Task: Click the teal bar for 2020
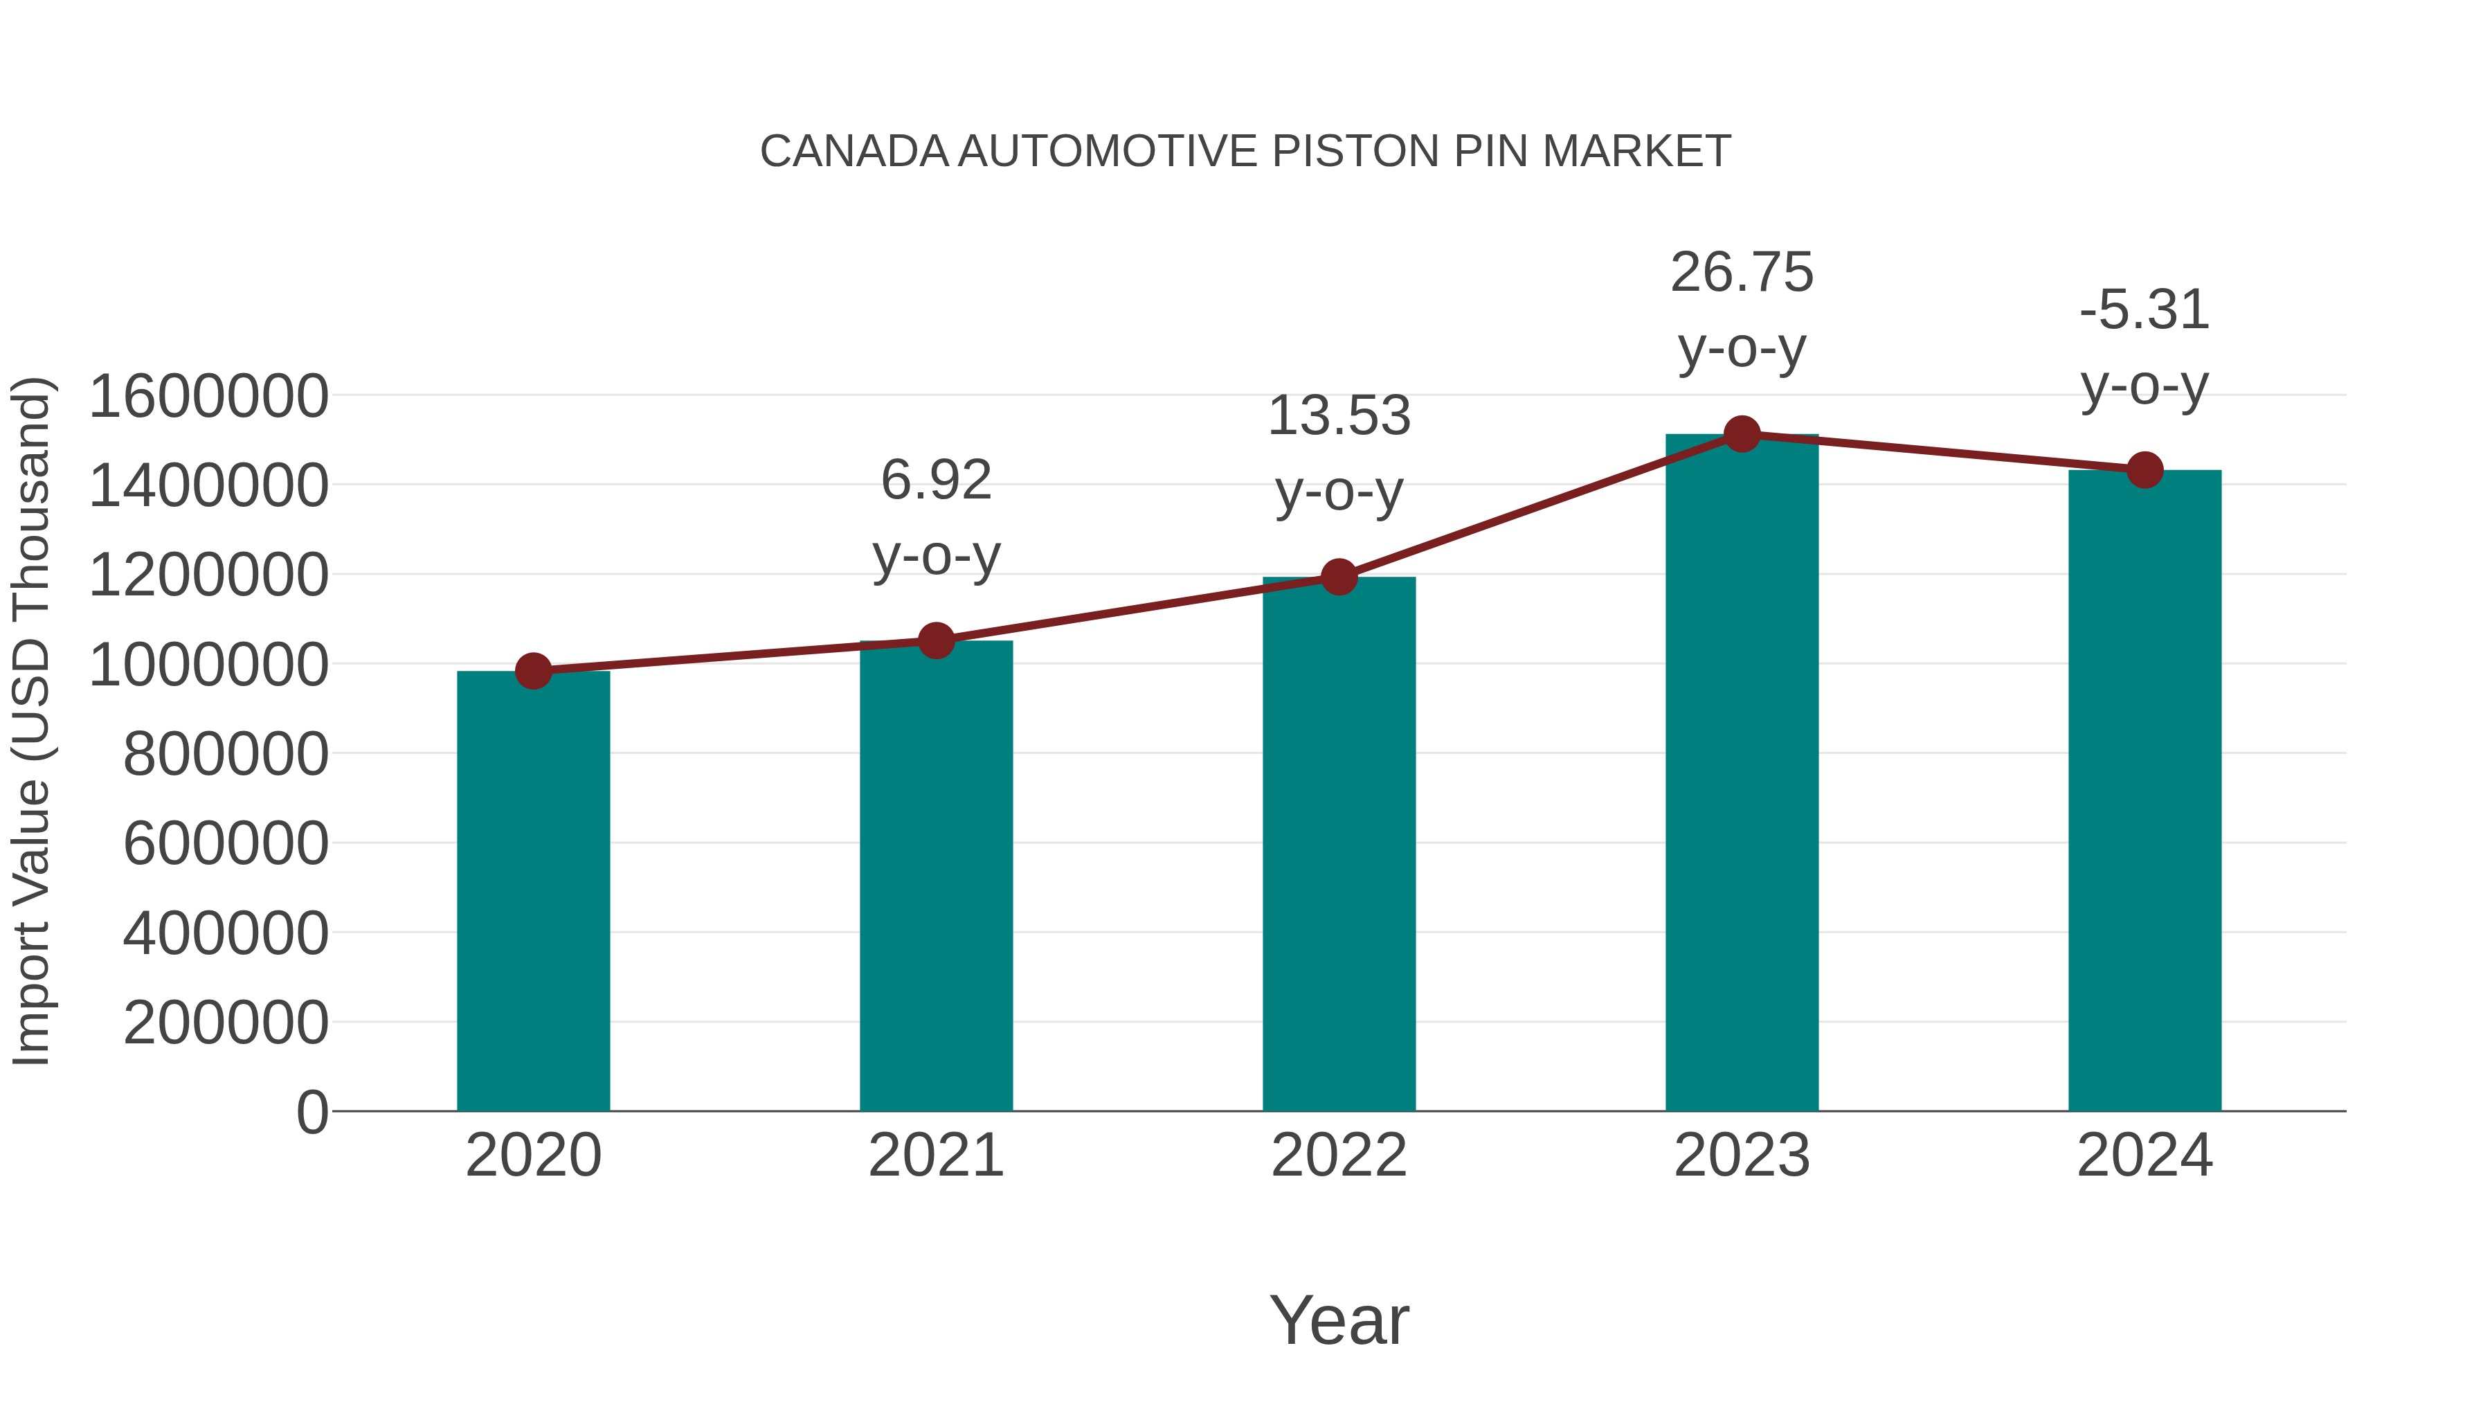coord(533,890)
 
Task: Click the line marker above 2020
coord(533,670)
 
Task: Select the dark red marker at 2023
coord(1742,434)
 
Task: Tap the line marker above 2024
coord(2145,470)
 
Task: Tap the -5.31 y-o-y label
coord(2145,348)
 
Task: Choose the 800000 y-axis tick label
coord(226,754)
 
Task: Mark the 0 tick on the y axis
coord(311,1112)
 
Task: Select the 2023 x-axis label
coord(1742,1156)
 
